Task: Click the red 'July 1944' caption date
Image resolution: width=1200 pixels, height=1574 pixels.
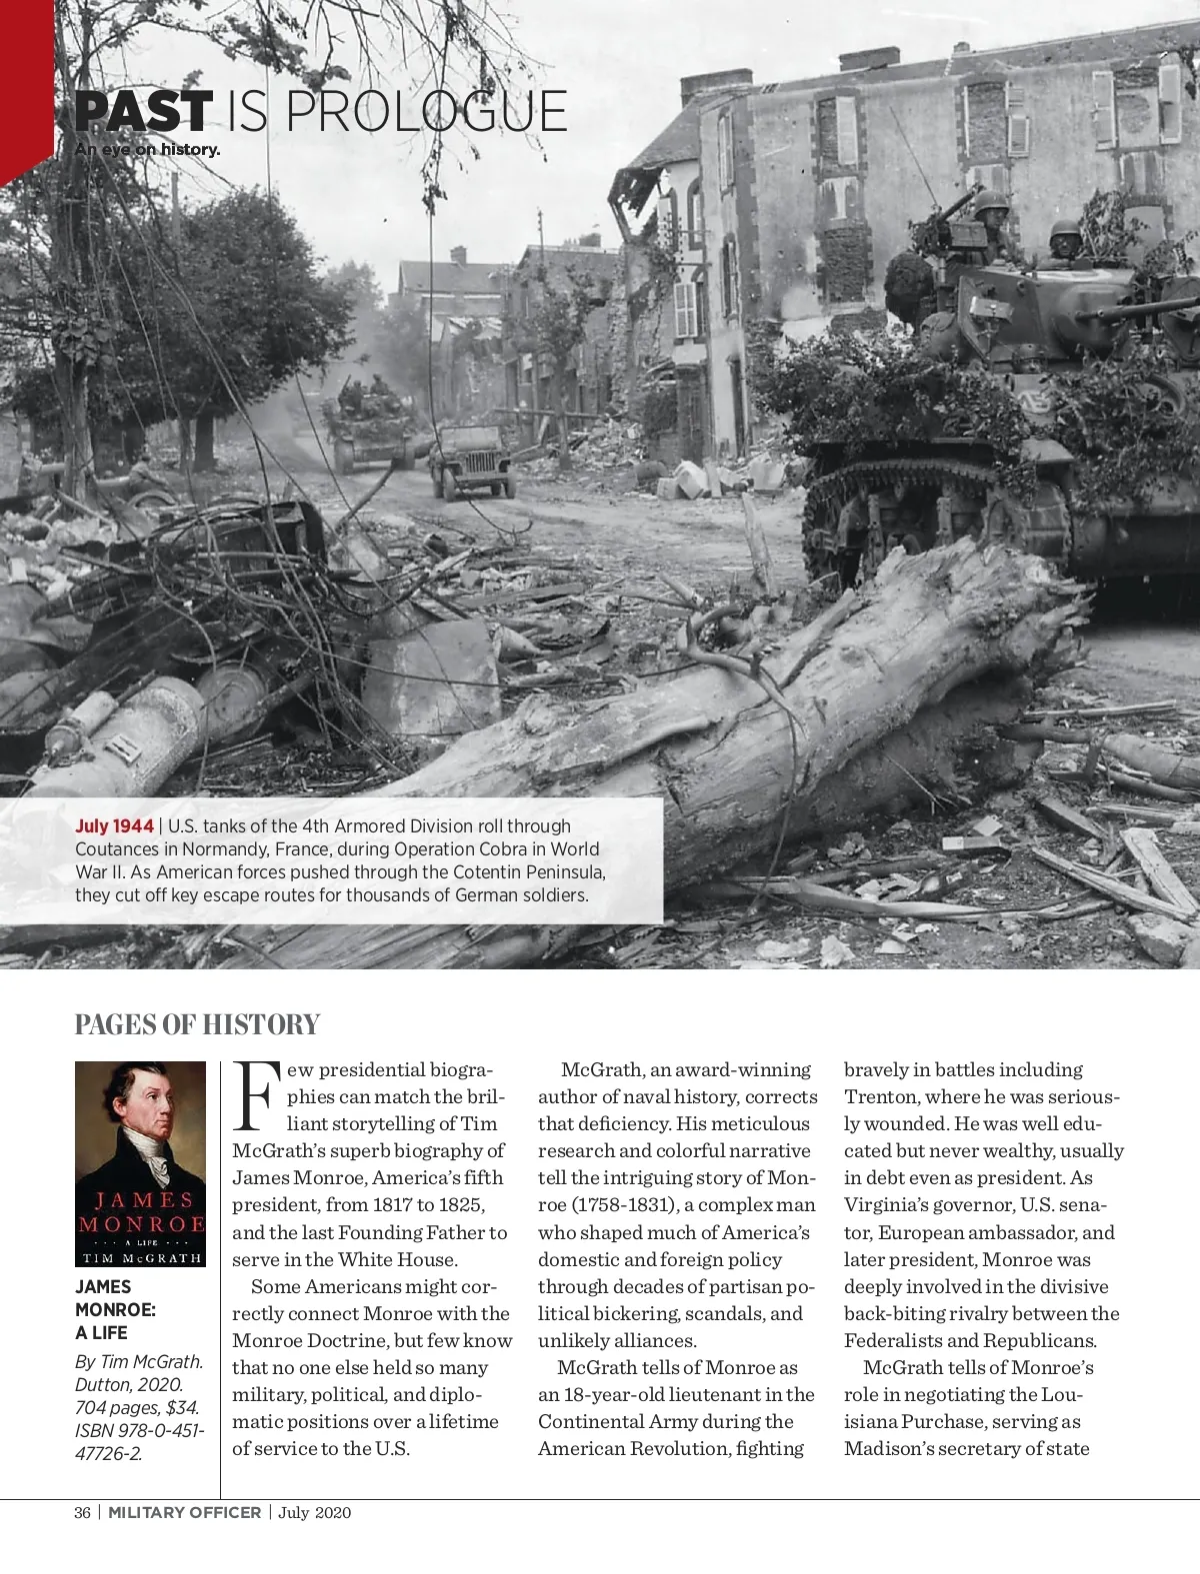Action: tap(114, 826)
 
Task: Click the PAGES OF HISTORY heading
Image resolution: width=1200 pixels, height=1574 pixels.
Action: tap(197, 1024)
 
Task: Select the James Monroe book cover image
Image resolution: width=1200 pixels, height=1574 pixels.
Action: tap(140, 1164)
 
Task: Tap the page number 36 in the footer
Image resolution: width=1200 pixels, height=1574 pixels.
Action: tap(82, 1512)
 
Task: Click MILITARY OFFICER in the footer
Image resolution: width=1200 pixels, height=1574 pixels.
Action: tap(185, 1512)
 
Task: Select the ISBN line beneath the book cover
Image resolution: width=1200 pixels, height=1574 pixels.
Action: tap(140, 1441)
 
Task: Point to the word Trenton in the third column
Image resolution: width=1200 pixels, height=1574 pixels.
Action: tap(882, 1096)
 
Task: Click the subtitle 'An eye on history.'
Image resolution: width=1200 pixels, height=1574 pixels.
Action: tap(147, 150)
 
